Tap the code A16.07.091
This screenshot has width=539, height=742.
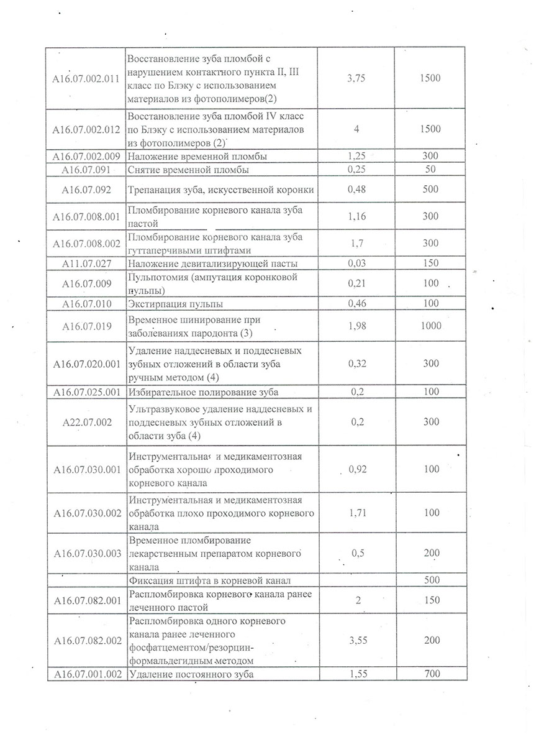87,169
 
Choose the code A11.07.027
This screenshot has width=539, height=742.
87,263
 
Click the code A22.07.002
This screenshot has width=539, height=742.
87,422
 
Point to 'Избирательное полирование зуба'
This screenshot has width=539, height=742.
203,392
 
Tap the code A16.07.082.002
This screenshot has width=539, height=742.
87,640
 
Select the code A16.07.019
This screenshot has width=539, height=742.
87,326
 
